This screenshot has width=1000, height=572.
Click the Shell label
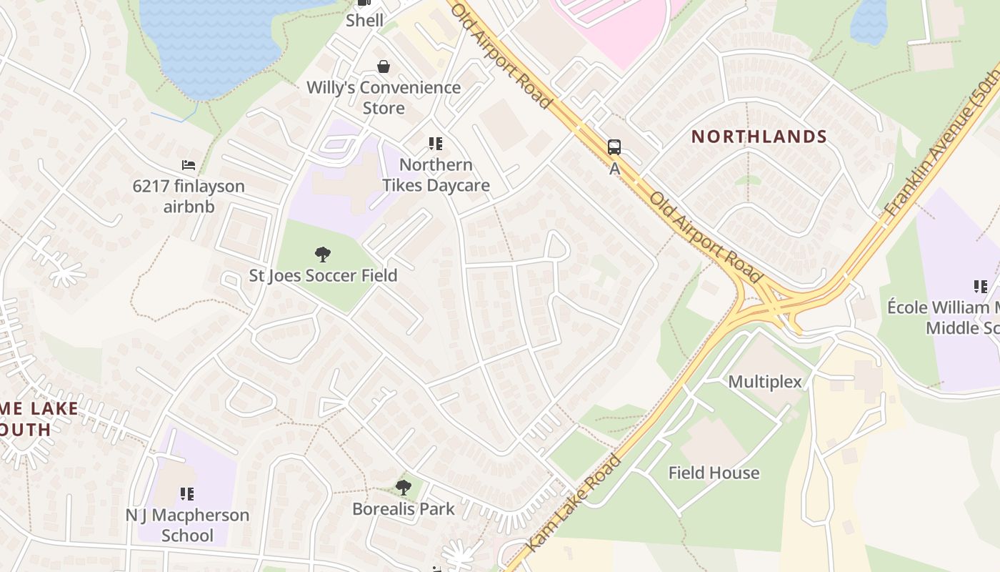[x=364, y=21]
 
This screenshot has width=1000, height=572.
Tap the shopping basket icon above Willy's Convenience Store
[x=384, y=66]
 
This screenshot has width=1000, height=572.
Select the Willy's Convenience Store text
[x=384, y=98]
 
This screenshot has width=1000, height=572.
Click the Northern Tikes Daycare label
[x=436, y=175]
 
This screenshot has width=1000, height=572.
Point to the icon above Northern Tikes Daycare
[x=436, y=144]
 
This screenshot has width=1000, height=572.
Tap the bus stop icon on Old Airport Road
[x=614, y=147]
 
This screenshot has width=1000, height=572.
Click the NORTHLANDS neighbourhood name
[x=759, y=137]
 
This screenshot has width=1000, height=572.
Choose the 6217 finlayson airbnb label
[x=189, y=197]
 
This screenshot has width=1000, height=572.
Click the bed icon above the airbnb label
[x=189, y=165]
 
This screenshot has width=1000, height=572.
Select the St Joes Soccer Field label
[x=323, y=275]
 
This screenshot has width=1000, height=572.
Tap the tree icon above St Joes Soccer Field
[x=323, y=254]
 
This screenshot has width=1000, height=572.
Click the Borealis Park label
[x=404, y=509]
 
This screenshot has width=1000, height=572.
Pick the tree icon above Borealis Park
[x=404, y=488]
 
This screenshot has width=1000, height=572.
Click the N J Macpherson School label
[x=187, y=525]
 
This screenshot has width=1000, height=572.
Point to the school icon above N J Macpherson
[x=187, y=493]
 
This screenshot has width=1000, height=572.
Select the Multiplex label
[x=765, y=382]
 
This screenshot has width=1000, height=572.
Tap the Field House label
[x=714, y=473]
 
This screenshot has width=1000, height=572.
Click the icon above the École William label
[x=981, y=287]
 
